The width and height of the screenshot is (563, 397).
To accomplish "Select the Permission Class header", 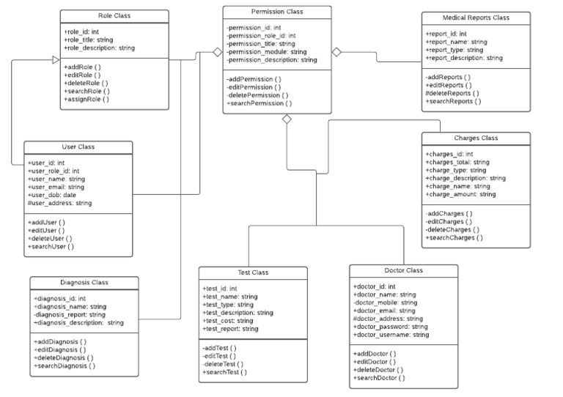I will (276, 12).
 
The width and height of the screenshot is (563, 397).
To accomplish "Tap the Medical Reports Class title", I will (476, 18).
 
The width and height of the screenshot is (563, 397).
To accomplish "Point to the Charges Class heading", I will (476, 138).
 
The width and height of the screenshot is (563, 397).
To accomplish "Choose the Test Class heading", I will (254, 272).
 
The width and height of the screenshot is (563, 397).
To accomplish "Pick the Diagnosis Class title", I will (84, 283).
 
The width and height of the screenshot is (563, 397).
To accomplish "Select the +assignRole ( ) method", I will (87, 99).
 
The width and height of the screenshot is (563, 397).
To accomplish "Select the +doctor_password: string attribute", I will (391, 327).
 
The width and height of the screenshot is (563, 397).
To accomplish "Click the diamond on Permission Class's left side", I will (217, 53).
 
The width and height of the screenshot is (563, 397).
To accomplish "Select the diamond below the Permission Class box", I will (287, 119).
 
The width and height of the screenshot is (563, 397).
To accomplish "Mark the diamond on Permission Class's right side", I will (336, 52).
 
